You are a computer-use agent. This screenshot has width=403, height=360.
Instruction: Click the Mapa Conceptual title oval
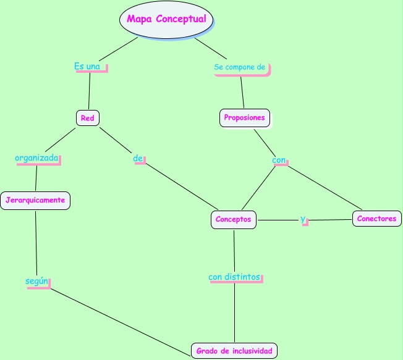[x=166, y=19]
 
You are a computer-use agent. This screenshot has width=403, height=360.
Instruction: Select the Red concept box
[x=87, y=117]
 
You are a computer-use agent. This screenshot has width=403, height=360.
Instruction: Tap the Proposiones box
[x=244, y=117]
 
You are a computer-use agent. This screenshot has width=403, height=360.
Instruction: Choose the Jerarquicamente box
[x=35, y=200]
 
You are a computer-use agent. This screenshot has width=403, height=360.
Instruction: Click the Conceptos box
[x=233, y=219]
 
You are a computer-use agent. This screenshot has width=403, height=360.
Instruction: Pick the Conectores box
[x=376, y=219]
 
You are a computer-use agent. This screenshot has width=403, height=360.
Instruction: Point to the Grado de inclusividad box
[x=234, y=351]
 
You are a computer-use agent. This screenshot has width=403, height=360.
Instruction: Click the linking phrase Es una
[x=87, y=66]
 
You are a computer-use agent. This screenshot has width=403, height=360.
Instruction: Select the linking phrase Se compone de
[x=239, y=67]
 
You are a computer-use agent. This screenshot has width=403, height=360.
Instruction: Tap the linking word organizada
[x=36, y=158]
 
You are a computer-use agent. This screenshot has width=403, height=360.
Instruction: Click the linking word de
[x=138, y=159]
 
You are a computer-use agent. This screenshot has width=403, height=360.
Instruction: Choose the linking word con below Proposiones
[x=279, y=160]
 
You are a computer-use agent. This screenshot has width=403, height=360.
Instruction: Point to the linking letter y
[x=303, y=219]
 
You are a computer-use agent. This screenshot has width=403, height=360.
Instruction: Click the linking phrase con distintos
[x=234, y=277]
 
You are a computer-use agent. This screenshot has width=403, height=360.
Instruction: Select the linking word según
[x=36, y=281]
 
